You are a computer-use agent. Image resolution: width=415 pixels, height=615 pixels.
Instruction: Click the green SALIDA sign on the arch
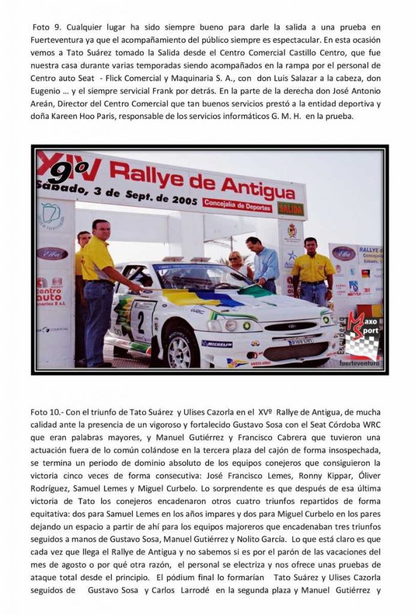coord(290,209)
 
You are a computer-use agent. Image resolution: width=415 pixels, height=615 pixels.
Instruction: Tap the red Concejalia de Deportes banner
coord(237,204)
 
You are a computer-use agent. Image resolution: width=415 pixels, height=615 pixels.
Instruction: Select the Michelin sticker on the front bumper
coord(217,344)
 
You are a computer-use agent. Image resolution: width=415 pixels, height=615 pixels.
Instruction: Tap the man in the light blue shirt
coord(263,261)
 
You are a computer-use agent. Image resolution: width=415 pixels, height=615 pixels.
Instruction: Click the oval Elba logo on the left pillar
coord(52,253)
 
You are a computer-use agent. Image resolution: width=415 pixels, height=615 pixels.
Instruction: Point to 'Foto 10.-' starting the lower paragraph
coord(47,412)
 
